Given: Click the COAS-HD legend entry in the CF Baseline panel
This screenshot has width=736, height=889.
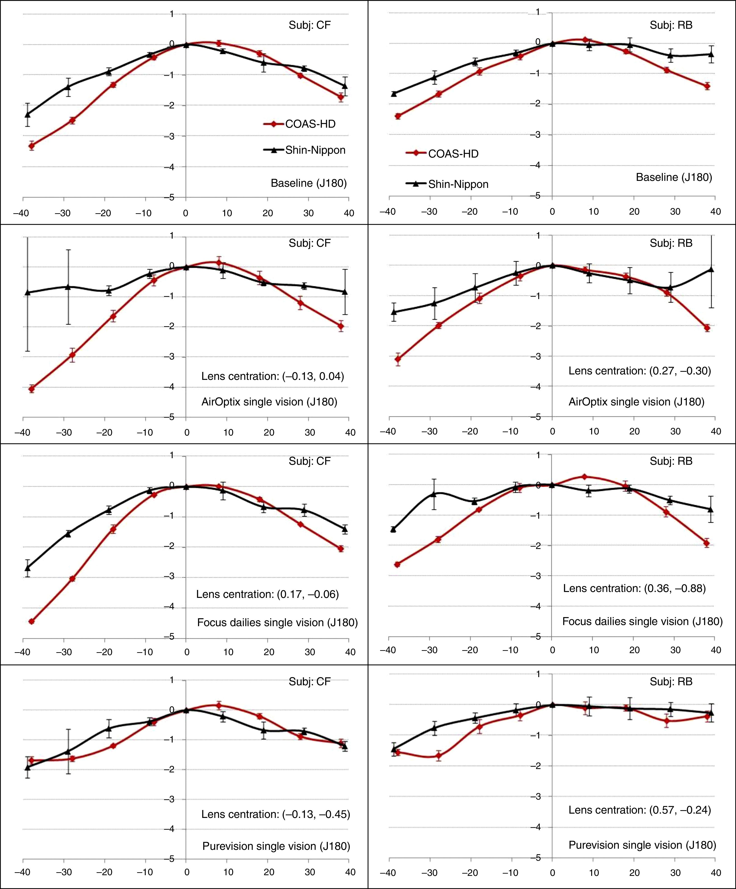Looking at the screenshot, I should pos(310,124).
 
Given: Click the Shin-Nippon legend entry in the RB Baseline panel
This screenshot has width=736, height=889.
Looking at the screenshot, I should pos(458,184).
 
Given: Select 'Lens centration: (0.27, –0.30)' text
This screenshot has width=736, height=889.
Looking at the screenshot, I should pos(640,371).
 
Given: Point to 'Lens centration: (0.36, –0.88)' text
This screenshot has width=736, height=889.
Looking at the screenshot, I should pos(634,588).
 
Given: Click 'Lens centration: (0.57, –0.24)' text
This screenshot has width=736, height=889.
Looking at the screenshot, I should pos(640,810).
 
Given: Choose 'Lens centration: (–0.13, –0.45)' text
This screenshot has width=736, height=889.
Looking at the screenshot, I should pos(275,814).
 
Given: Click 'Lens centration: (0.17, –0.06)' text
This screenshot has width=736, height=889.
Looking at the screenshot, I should pos(267,594).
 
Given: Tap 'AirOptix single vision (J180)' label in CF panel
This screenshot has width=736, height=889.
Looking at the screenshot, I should pos(269,402).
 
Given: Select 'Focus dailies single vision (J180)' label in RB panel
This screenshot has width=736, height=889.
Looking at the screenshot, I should pos(642,621).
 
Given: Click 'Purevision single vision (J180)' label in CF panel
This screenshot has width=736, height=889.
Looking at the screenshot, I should pos(276,846).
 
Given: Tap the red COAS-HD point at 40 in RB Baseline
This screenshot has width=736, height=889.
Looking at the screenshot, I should pos(707,86).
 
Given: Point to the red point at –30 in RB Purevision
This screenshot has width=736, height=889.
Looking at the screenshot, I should pos(438,756).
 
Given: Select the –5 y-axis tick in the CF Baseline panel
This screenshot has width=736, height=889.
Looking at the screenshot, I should pos(171,197).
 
